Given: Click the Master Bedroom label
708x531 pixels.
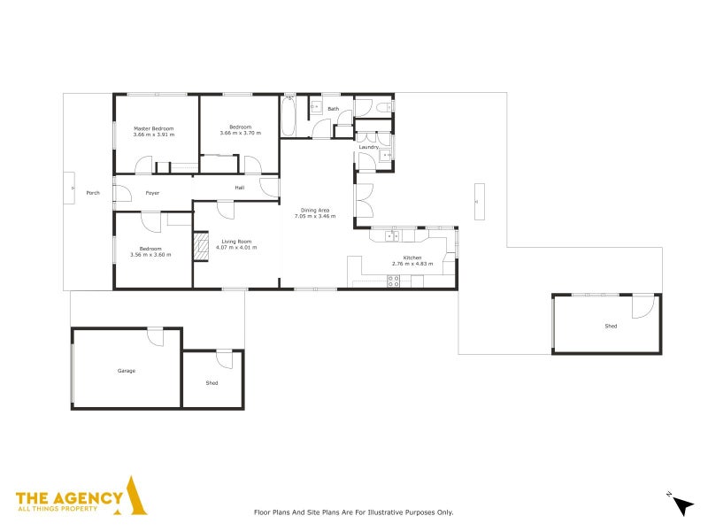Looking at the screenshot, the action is point(153,128).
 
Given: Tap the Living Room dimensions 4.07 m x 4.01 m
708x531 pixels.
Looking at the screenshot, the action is point(236,248).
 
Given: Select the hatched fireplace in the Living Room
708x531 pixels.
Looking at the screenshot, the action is point(201,246).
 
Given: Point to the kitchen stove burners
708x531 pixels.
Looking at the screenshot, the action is point(393,281).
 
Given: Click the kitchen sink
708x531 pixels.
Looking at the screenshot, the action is point(391,235).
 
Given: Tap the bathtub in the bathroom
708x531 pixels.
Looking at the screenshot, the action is point(289,116).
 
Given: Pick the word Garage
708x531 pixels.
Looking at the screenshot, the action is point(127,371).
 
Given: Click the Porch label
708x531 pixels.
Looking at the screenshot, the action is point(93,193).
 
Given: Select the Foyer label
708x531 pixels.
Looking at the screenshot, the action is point(152,193).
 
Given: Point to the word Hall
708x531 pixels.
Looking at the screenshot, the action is point(240,188).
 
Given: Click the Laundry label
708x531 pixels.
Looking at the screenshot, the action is point(369,147).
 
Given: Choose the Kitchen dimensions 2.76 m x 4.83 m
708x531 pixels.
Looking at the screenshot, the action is point(412,264).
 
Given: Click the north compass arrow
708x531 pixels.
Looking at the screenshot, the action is point(683,505).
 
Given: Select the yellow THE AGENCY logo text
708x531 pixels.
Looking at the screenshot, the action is point(69,498).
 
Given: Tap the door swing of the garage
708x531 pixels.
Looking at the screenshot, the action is point(156,338).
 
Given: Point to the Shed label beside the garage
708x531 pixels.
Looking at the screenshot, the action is point(212,383).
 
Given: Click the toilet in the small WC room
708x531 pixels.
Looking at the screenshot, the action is point(384,107).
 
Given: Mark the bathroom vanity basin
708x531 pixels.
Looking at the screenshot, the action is point(317,107).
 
